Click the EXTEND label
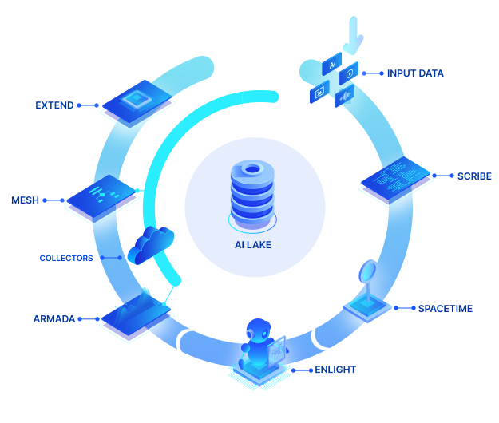54,105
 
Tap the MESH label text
25,200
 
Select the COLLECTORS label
66,258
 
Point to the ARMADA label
54,318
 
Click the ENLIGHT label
335,370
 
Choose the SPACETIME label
446,309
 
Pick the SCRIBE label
474,176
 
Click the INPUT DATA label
415,73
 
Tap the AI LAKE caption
253,245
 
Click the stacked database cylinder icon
252,195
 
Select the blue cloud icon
151,245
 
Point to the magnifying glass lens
368,271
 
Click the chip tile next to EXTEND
137,102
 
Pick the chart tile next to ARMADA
137,314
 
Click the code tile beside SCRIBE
395,178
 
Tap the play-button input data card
348,73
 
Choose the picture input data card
319,92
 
